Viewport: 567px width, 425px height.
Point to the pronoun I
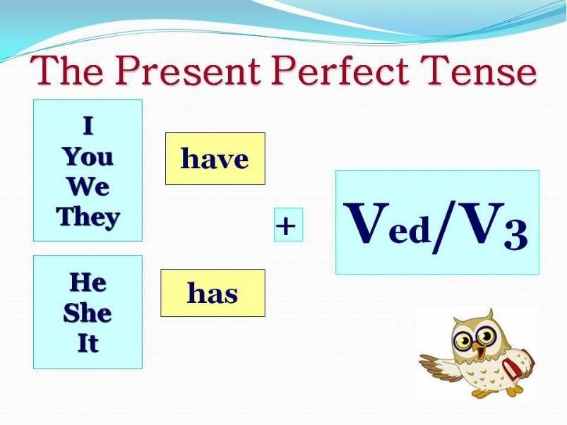point(88,126)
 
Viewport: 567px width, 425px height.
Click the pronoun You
point(88,157)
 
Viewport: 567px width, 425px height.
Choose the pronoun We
point(88,187)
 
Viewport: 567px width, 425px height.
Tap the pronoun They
point(88,217)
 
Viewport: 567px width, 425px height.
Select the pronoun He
point(88,282)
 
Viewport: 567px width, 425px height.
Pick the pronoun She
point(88,313)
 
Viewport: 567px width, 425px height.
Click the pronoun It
point(88,343)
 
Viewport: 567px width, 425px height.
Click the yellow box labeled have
point(215,158)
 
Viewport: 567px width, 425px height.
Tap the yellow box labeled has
point(213,293)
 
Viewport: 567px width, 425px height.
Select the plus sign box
point(288,225)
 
